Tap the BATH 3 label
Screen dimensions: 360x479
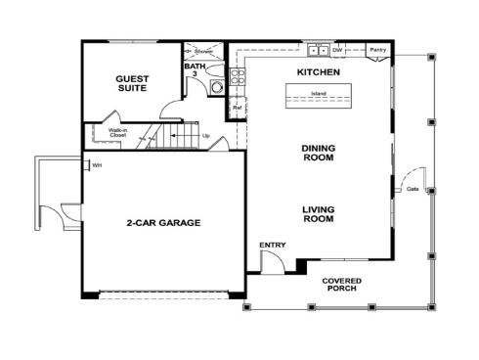coord(194,71)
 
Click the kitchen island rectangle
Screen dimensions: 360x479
coord(318,95)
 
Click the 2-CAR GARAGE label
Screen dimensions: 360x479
coord(162,222)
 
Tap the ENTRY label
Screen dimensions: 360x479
coord(272,245)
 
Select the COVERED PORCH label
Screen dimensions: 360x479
coord(341,284)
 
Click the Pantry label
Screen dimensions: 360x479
coord(378,49)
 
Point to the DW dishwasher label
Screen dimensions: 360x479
coord(337,49)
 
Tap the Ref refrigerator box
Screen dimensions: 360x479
coord(237,108)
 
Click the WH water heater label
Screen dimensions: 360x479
coord(97,165)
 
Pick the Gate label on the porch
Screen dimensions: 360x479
coord(413,188)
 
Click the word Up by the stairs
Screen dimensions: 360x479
coord(205,135)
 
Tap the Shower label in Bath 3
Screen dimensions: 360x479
coord(203,50)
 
